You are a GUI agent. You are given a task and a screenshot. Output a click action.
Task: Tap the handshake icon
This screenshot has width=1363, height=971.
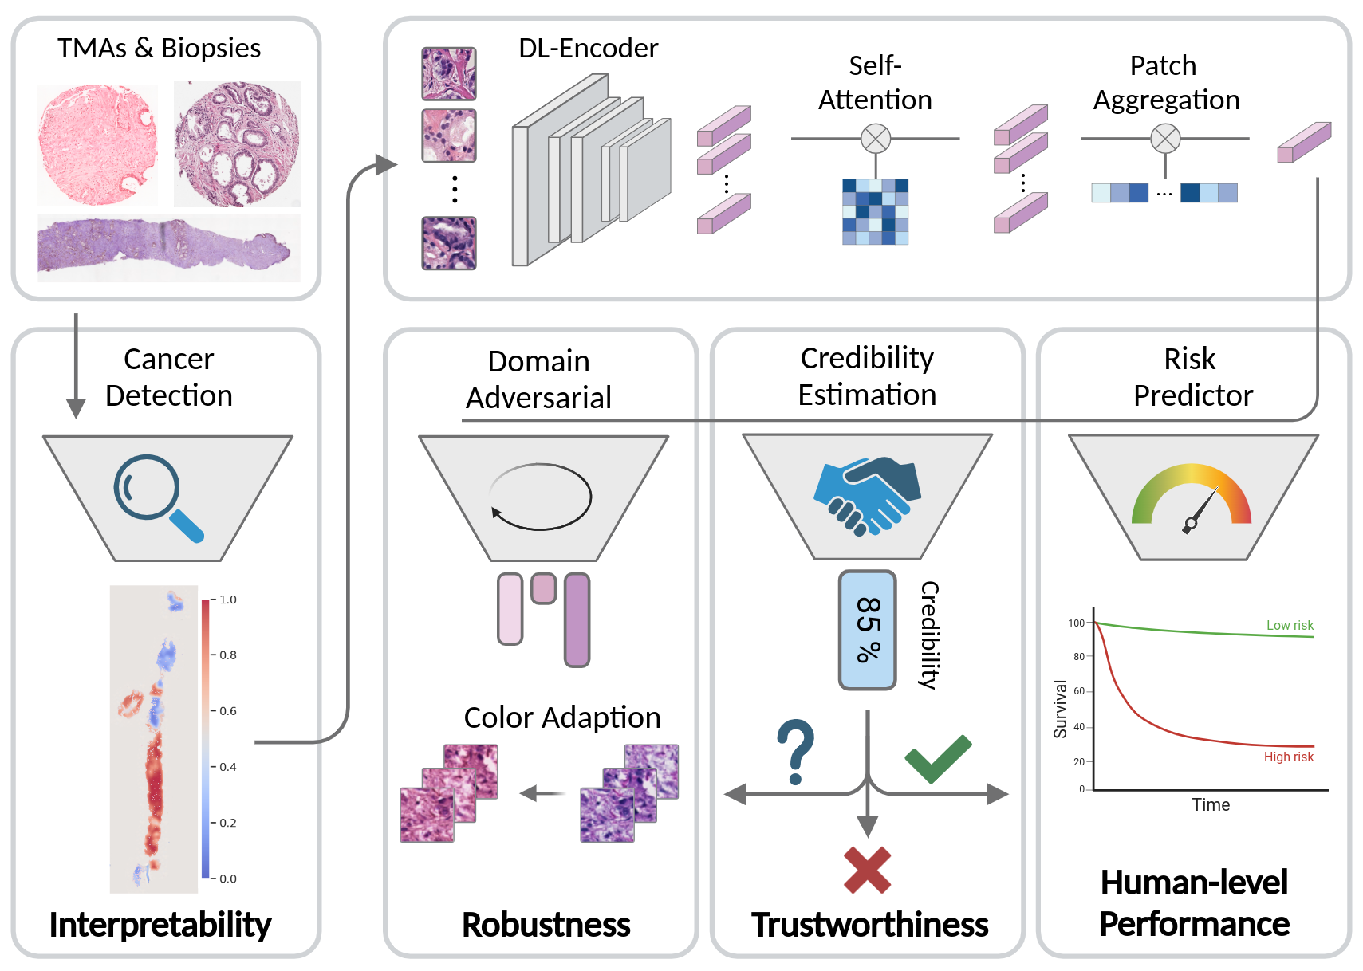pyautogui.click(x=867, y=494)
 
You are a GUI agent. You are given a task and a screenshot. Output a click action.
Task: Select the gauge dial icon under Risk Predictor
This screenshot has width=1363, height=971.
pyautogui.click(x=1192, y=499)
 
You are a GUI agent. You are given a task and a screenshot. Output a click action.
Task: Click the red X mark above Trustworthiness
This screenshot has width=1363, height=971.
pyautogui.click(x=867, y=869)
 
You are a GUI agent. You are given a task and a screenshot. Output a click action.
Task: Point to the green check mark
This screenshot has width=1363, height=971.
pyautogui.click(x=938, y=758)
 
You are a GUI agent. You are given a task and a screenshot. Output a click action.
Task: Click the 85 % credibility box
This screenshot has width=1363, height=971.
pyautogui.click(x=868, y=630)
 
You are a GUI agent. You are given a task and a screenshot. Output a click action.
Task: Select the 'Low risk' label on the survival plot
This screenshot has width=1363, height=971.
pyautogui.click(x=1290, y=626)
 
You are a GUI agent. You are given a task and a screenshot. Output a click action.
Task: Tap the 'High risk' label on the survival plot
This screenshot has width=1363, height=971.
pyautogui.click(x=1288, y=757)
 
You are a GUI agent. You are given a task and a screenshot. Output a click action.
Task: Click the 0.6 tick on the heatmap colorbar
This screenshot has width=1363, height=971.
pyautogui.click(x=227, y=711)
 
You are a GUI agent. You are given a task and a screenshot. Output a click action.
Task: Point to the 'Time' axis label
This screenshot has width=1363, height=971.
pyautogui.click(x=1211, y=805)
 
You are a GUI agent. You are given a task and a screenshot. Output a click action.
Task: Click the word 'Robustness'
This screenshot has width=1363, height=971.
pyautogui.click(x=546, y=926)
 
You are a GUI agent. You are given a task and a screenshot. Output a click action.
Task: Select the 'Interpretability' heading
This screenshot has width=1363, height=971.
pyautogui.click(x=160, y=926)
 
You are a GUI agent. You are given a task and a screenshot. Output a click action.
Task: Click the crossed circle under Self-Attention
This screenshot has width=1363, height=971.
pyautogui.click(x=876, y=139)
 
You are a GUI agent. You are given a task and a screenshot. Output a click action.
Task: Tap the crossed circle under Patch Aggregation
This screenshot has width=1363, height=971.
pyautogui.click(x=1165, y=139)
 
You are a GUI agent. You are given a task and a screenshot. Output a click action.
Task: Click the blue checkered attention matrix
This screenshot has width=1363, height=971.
pyautogui.click(x=876, y=211)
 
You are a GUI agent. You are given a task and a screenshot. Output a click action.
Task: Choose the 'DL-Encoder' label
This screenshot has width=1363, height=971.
pyautogui.click(x=588, y=49)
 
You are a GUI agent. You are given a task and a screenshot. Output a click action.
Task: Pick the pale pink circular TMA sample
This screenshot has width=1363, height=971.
pyautogui.click(x=97, y=145)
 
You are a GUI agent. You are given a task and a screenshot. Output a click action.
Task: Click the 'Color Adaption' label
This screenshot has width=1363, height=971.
pyautogui.click(x=562, y=718)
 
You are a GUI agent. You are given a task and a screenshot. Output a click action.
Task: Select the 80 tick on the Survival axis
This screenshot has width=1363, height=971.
pyautogui.click(x=1079, y=657)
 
